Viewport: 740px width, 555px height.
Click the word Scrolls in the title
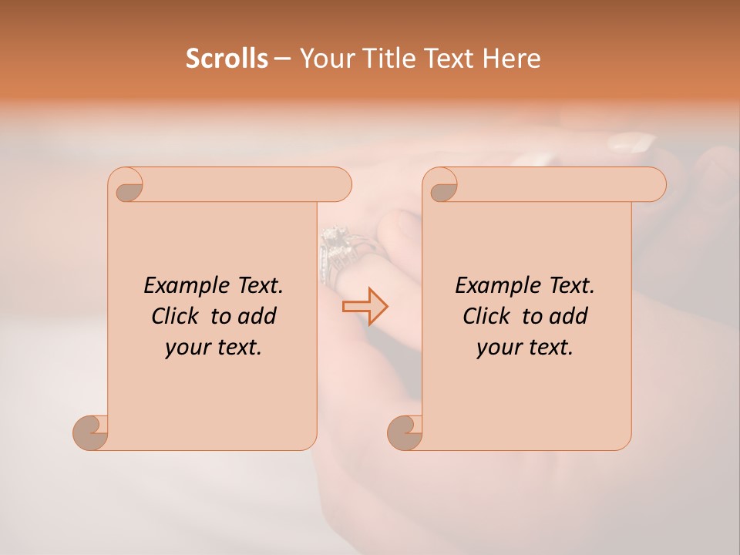pyautogui.click(x=227, y=58)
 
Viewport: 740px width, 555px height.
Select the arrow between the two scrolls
pyautogui.click(x=365, y=306)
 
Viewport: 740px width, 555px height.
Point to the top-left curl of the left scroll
pyautogui.click(x=126, y=185)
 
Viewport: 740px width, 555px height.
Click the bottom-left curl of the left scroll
pyautogui.click(x=90, y=432)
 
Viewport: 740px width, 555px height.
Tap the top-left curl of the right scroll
pyautogui.click(x=440, y=185)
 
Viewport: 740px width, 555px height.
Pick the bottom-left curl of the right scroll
pyautogui.click(x=405, y=432)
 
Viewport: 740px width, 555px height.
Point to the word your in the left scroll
pyautogui.click(x=187, y=348)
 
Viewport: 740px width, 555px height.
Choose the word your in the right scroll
pyautogui.click(x=499, y=348)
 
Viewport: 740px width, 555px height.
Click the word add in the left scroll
pyautogui.click(x=257, y=316)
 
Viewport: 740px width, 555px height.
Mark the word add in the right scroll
pyautogui.click(x=568, y=316)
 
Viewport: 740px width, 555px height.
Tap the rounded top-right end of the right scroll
pyautogui.click(x=654, y=185)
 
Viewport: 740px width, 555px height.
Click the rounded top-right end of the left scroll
pyautogui.click(x=340, y=185)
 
